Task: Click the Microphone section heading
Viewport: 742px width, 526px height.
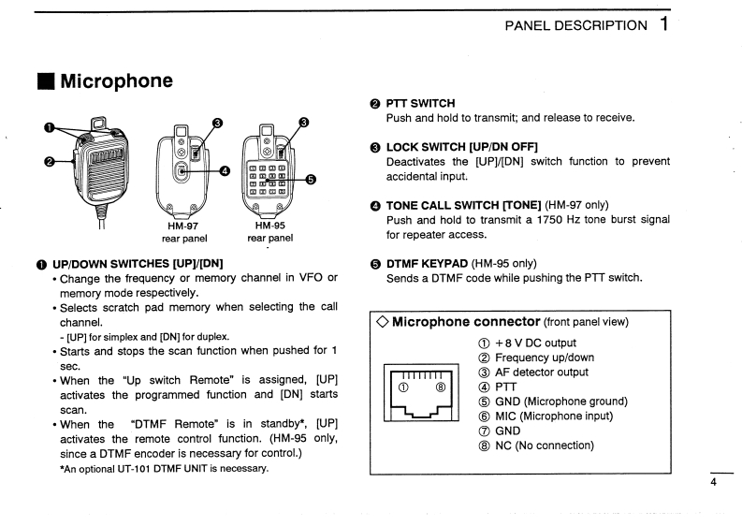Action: click(116, 81)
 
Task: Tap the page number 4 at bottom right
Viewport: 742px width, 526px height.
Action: click(713, 482)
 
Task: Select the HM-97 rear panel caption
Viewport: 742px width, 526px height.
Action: click(184, 231)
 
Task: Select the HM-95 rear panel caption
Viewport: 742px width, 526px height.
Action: click(270, 231)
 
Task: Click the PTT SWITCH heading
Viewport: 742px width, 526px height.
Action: click(420, 103)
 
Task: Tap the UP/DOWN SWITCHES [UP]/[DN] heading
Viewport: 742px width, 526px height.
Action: click(138, 263)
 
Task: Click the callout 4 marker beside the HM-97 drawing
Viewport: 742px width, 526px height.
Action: click(225, 170)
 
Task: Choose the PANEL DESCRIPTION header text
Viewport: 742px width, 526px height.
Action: click(575, 25)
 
